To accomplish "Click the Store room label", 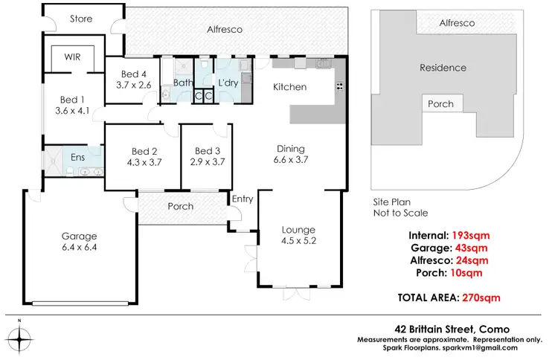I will pos(80,19).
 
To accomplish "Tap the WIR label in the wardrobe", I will pos(72,57).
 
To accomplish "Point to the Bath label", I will pos(183,83).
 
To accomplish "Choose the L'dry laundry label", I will pos(228,83).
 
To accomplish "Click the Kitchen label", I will pos(289,87).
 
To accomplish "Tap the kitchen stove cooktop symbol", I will pos(339,86).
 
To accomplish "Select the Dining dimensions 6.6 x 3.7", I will pos(291,159).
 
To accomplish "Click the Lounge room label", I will pos(298,229).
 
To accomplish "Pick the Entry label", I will pos(243,199).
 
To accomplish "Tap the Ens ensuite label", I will pos(77,158).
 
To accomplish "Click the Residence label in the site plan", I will pos(443,68).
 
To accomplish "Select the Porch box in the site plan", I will pos(441,104).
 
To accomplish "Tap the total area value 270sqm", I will pos(481,298).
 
